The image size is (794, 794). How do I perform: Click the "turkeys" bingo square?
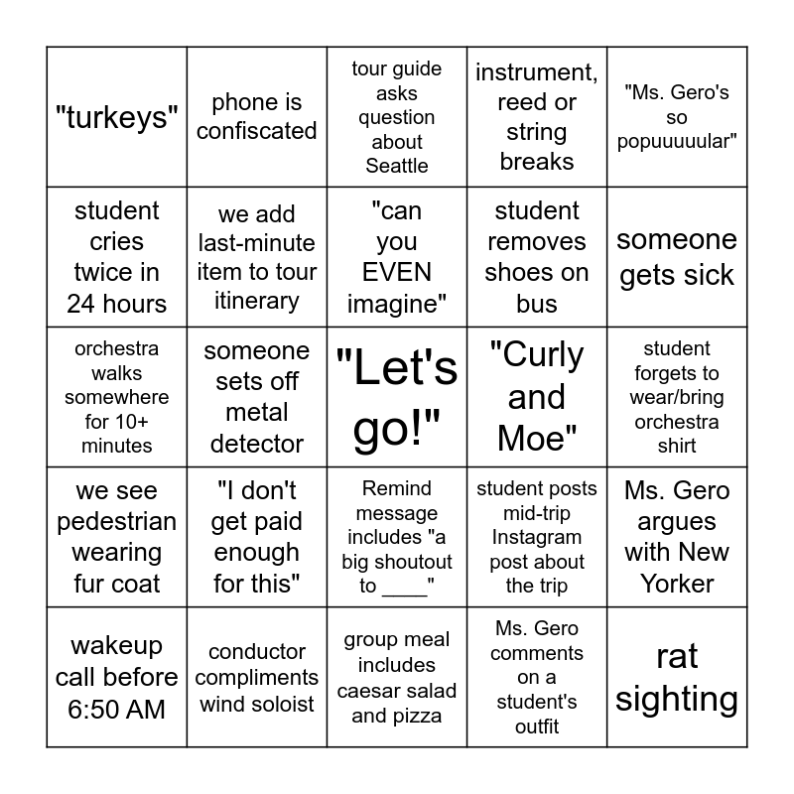pos(117,117)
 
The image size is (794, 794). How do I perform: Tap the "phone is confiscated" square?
pos(257,117)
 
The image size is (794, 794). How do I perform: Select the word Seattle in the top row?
pos(397,166)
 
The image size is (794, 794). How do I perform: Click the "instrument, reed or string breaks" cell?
pos(537,117)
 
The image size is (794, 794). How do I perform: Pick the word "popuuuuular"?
pos(677,141)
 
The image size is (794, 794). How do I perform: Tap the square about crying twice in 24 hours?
pos(117,257)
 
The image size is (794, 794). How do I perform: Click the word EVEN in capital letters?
pos(397,272)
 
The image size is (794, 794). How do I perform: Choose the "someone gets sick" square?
pos(677,257)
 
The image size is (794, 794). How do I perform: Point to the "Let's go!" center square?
pos(397,397)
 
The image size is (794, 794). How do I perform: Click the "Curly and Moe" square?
pos(537,397)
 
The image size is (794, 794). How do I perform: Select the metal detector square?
pos(257,397)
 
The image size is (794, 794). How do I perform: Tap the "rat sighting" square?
pos(677,677)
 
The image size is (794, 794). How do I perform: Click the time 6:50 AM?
pos(117,709)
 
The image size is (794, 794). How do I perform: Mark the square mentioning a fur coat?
pos(117,537)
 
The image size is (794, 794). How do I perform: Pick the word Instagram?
pos(537,537)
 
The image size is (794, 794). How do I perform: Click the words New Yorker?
pos(677,568)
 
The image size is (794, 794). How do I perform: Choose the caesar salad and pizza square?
pos(397,677)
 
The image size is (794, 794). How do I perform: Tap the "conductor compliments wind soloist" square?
pos(257,677)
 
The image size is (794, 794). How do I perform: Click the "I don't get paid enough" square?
pos(257,537)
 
